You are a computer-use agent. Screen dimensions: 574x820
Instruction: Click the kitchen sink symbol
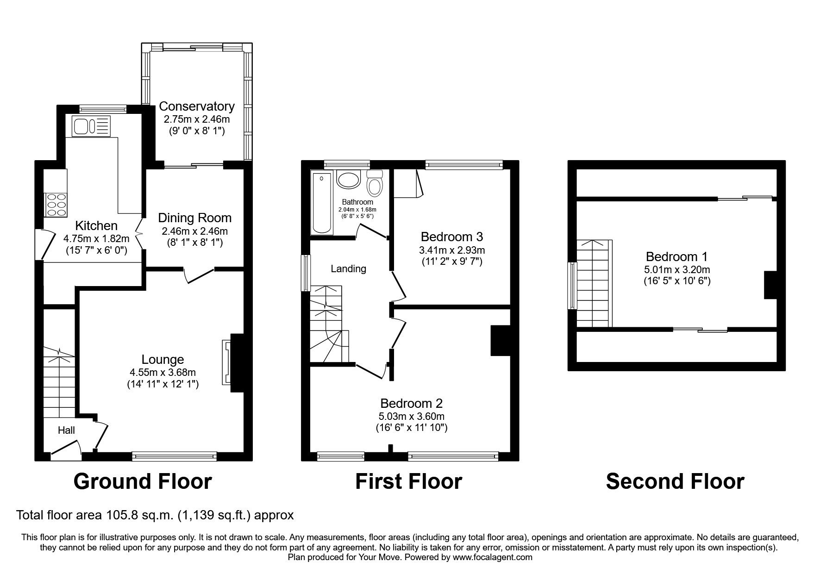(x=91, y=126)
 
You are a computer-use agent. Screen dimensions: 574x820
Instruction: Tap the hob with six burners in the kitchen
(x=56, y=204)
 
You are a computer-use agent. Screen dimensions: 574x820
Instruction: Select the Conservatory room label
(x=197, y=106)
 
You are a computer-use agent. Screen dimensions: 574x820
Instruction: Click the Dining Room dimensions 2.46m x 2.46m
(x=194, y=231)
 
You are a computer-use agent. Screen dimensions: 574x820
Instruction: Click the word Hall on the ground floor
(x=66, y=430)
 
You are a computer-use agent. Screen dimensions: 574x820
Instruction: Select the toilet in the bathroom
(x=374, y=184)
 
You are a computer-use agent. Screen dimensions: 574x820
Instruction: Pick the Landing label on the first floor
(x=348, y=268)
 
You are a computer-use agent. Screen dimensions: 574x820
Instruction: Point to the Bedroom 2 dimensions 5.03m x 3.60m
(x=411, y=416)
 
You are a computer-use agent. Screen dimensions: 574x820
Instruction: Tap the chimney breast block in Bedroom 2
(x=500, y=341)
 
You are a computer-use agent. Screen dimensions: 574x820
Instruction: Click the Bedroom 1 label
(x=676, y=256)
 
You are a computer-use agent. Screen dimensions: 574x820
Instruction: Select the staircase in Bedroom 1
(x=595, y=283)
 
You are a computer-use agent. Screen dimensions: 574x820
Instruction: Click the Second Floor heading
(x=675, y=481)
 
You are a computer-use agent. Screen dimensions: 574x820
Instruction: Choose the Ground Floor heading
(x=142, y=481)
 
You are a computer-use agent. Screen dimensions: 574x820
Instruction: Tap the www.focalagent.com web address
(x=492, y=557)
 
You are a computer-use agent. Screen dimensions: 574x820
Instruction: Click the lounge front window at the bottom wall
(x=174, y=456)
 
